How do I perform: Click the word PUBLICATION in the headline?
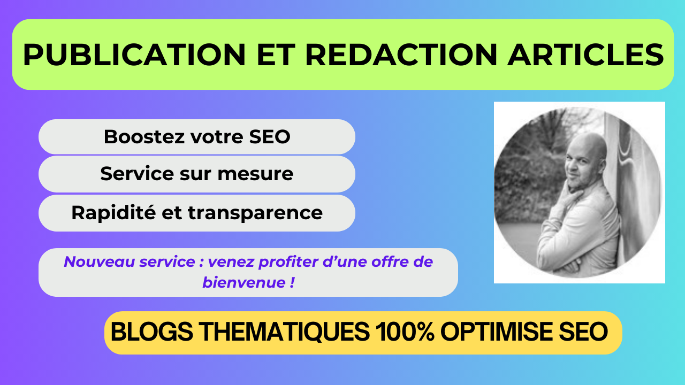click(134, 55)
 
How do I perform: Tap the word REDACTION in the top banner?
click(401, 55)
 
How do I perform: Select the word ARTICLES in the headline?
click(585, 55)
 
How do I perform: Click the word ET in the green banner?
click(276, 55)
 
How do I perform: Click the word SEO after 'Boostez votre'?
click(270, 136)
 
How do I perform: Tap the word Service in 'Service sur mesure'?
click(137, 174)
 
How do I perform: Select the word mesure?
click(255, 174)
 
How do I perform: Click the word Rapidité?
click(113, 213)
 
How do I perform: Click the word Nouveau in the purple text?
click(99, 262)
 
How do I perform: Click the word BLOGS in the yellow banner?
click(151, 332)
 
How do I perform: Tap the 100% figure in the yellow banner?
click(405, 332)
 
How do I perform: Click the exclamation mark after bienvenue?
click(292, 282)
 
